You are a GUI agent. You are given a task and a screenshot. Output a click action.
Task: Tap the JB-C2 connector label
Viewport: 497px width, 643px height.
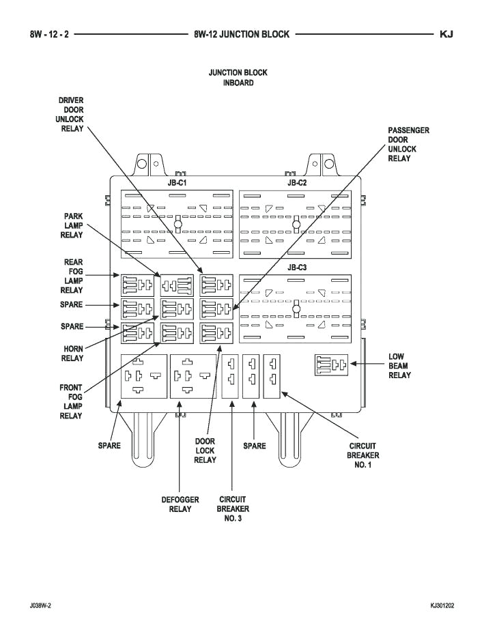pyautogui.click(x=296, y=184)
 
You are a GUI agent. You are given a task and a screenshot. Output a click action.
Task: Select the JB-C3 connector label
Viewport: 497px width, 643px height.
pyautogui.click(x=296, y=268)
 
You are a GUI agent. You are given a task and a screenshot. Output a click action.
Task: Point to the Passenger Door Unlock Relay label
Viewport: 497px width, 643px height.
pyautogui.click(x=408, y=144)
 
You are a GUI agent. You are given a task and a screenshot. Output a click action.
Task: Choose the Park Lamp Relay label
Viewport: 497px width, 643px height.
pyautogui.click(x=74, y=225)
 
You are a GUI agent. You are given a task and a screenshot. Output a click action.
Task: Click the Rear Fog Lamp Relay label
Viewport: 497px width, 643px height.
pyautogui.click(x=73, y=276)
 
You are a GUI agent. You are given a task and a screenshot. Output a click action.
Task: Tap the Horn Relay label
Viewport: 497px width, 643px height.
pyautogui.click(x=72, y=353)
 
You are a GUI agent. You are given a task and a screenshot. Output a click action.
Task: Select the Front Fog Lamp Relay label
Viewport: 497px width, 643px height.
pyautogui.click(x=71, y=402)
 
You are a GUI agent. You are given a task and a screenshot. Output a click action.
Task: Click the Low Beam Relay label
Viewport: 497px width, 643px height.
pyautogui.click(x=399, y=366)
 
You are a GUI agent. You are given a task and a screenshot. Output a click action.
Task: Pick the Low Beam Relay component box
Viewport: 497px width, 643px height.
pyautogui.click(x=331, y=365)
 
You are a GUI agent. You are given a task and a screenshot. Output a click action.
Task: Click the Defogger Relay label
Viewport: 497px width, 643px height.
pyautogui.click(x=180, y=504)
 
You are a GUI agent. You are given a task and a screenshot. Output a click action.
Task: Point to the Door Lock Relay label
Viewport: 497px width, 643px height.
pyautogui.click(x=205, y=451)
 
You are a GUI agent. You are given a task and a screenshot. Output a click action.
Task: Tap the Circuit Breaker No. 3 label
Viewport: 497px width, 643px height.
pyautogui.click(x=233, y=509)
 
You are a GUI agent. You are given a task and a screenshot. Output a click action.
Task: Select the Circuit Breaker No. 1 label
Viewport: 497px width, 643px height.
pyautogui.click(x=363, y=455)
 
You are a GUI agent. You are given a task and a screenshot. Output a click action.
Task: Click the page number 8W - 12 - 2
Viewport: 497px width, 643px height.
pyautogui.click(x=49, y=34)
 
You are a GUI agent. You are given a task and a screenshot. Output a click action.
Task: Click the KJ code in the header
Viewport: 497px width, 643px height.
pyautogui.click(x=447, y=34)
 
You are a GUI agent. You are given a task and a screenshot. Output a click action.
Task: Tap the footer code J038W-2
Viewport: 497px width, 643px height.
pyautogui.click(x=40, y=605)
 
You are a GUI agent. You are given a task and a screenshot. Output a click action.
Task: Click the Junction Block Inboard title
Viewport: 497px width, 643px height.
pyautogui.click(x=238, y=77)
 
